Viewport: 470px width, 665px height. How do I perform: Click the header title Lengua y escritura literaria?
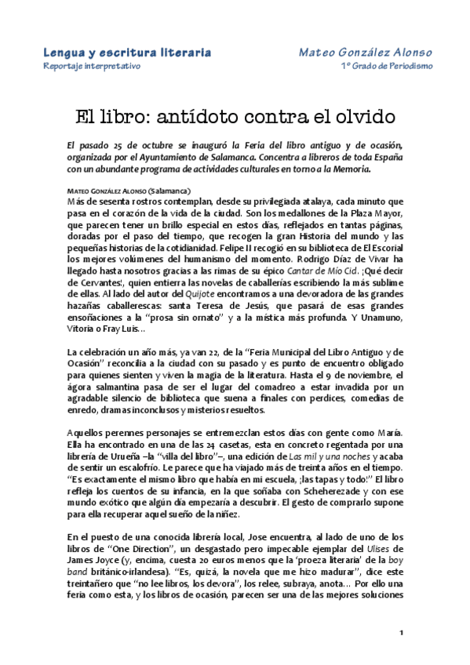(x=126, y=52)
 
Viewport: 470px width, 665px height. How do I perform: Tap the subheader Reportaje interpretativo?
(x=91, y=66)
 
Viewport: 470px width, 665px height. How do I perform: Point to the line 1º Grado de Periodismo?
(x=386, y=66)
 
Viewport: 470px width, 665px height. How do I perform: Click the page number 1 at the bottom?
(x=401, y=633)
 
